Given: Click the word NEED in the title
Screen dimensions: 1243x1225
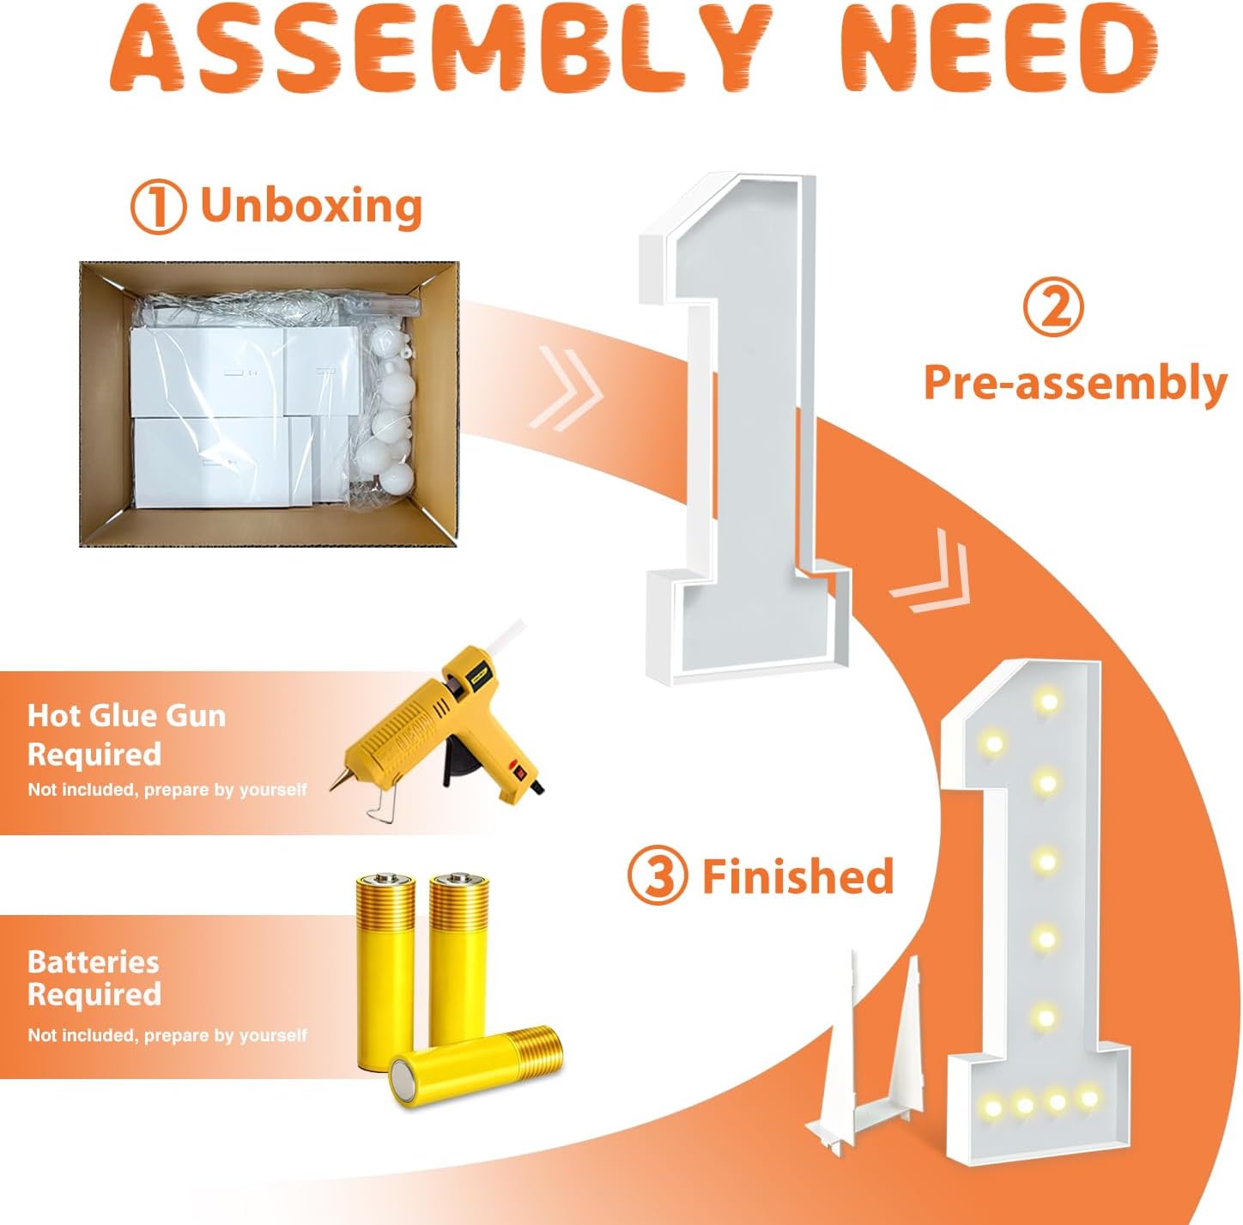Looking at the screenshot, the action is tap(996, 51).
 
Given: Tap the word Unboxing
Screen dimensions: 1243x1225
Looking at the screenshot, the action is tap(312, 206).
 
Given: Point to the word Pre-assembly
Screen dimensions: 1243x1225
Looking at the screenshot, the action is tap(1076, 384).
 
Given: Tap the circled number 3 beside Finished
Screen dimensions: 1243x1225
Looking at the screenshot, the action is tap(657, 876).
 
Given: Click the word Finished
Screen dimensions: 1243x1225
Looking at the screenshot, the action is tap(797, 876).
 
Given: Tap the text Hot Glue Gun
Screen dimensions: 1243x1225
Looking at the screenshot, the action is tap(126, 717).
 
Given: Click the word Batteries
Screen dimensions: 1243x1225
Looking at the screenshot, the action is tap(93, 962).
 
